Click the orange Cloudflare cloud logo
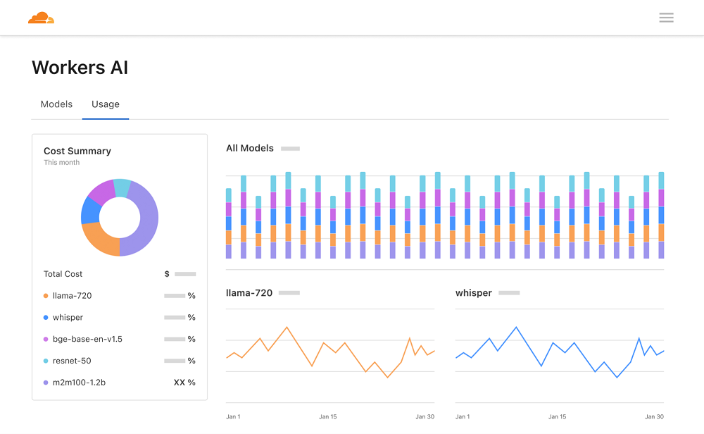click(x=41, y=18)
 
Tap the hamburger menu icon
click(x=666, y=18)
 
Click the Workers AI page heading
click(x=80, y=68)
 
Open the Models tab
click(x=56, y=104)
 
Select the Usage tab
click(x=106, y=104)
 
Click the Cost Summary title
click(x=77, y=151)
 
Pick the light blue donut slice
click(x=122, y=187)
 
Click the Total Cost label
click(x=63, y=274)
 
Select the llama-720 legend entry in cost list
click(x=72, y=296)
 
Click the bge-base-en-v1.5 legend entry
click(x=87, y=339)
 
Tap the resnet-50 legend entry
click(x=72, y=361)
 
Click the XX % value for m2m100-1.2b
click(x=184, y=383)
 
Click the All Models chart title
click(x=250, y=148)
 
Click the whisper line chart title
click(x=474, y=293)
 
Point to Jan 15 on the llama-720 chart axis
click(x=328, y=416)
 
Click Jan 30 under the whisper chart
click(x=655, y=416)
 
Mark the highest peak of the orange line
click(x=287, y=327)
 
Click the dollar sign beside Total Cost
click(x=167, y=274)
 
